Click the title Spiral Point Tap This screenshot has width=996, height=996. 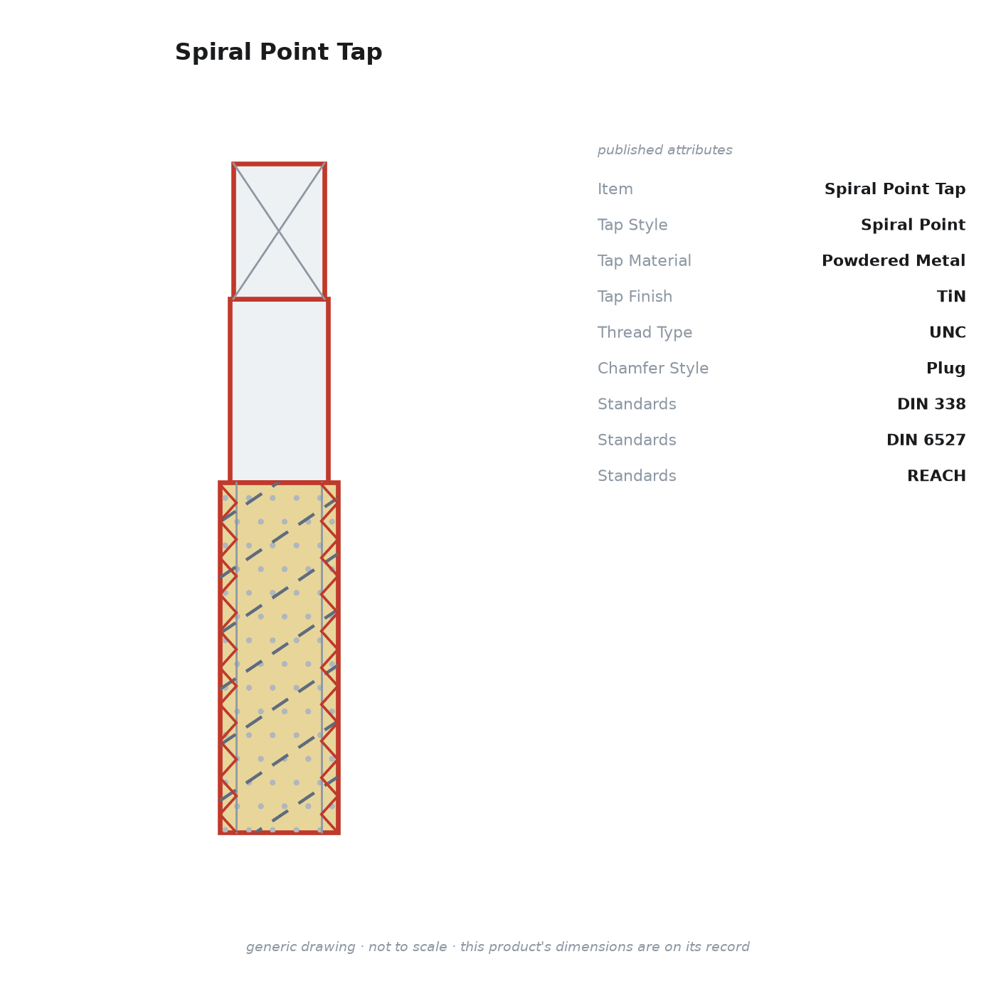(x=279, y=52)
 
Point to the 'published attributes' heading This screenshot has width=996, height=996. (x=664, y=150)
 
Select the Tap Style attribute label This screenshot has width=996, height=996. (x=632, y=225)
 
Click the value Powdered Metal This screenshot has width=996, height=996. (x=893, y=260)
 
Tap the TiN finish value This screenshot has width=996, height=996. (x=951, y=296)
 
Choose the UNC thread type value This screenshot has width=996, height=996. (x=947, y=332)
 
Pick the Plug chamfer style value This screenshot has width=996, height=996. (x=945, y=369)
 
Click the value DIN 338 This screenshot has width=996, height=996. (x=931, y=404)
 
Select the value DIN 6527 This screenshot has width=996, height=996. (x=926, y=440)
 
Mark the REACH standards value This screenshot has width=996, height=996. (x=936, y=475)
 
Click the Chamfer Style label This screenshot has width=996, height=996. (x=653, y=368)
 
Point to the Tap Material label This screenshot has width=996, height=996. (x=644, y=260)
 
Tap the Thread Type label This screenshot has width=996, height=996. (x=645, y=332)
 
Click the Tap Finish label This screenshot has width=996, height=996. (x=635, y=296)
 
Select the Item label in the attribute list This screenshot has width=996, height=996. (x=615, y=189)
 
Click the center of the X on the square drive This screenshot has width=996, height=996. (x=279, y=231)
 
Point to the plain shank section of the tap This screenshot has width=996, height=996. (x=279, y=391)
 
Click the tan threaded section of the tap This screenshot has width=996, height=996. (x=279, y=657)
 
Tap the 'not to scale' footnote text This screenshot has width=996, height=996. (x=407, y=946)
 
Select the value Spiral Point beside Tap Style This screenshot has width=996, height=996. (x=913, y=225)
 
